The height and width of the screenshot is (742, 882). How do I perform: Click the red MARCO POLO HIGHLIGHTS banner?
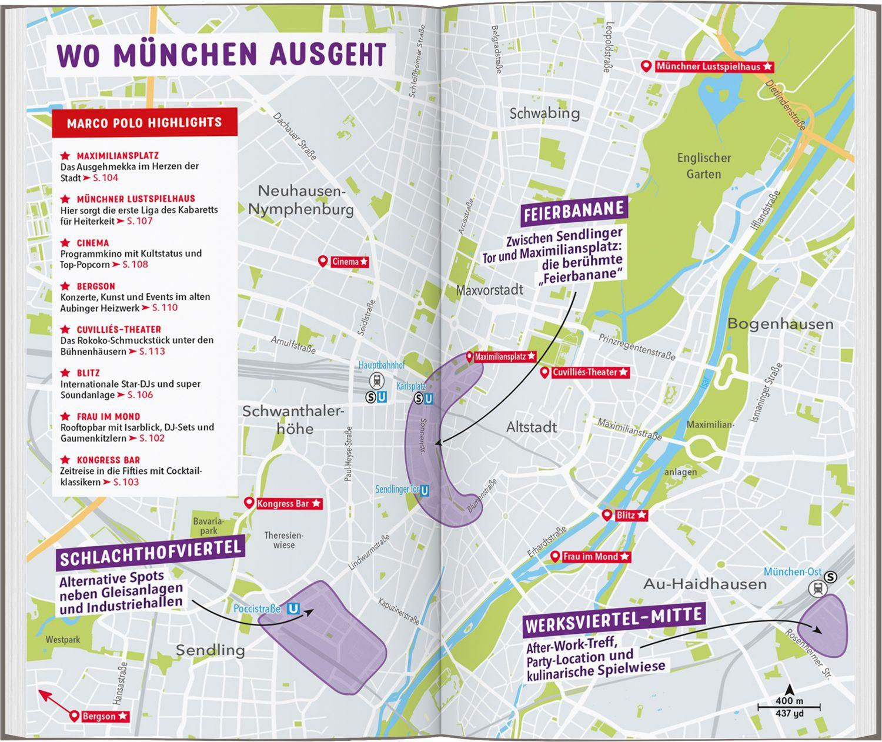tap(145, 122)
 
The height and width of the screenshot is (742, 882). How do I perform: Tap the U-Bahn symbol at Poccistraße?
tap(292, 610)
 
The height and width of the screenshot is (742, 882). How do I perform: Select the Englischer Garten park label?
tap(704, 166)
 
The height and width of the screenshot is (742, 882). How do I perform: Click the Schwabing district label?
tap(544, 113)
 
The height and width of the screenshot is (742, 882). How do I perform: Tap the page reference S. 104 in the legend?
tap(105, 178)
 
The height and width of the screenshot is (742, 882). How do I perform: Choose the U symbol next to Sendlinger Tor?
tap(425, 490)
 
